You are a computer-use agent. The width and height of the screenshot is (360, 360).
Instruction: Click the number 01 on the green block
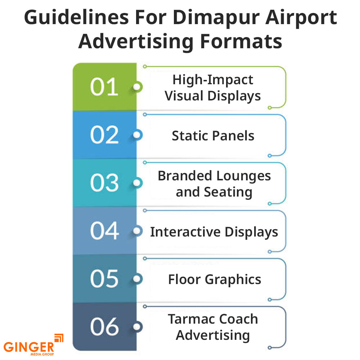[x=104, y=87]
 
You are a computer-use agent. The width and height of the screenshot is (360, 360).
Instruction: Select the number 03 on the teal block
[x=104, y=183]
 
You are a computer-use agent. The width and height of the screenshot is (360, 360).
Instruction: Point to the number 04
[x=104, y=231]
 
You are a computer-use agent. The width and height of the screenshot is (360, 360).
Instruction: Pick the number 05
[x=104, y=279]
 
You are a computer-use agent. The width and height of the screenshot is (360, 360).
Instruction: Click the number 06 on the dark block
[x=104, y=327]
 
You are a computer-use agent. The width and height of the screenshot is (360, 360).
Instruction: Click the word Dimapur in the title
[x=216, y=18]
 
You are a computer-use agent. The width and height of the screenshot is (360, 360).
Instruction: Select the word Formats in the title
[x=241, y=41]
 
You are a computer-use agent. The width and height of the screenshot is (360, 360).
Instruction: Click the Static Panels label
[x=213, y=136]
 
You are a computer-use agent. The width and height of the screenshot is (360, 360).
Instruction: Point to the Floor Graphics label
[x=215, y=280]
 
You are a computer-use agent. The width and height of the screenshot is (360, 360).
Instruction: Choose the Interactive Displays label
[x=214, y=232]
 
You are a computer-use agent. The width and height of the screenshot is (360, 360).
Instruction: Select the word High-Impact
[x=213, y=80]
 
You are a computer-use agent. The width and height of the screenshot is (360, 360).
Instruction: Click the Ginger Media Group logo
[x=33, y=345]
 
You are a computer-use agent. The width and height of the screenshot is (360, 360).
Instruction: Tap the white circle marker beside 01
[x=137, y=87]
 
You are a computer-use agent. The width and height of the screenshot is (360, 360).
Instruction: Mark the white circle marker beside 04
[x=137, y=231]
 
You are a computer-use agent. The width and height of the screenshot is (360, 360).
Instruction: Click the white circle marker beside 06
[x=137, y=327]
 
